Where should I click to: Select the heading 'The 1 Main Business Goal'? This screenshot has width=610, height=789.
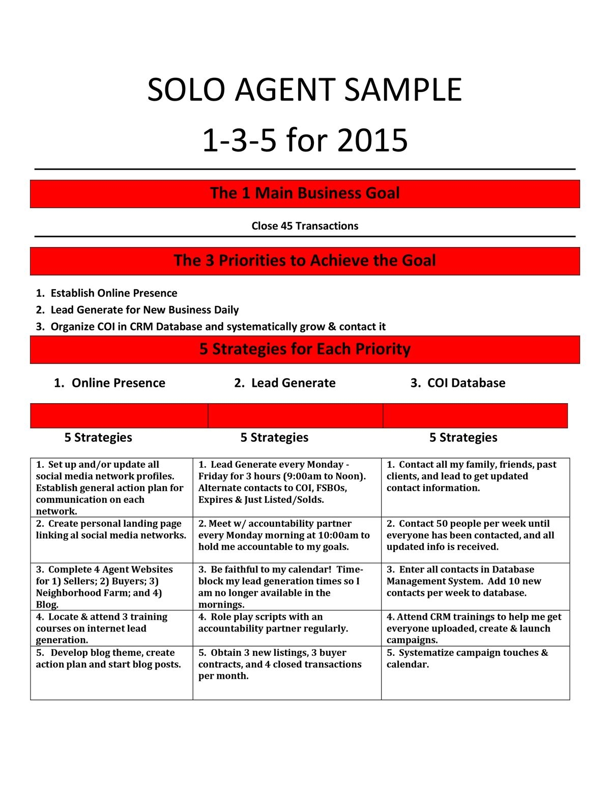click(x=305, y=193)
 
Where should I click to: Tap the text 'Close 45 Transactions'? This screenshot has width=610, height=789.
click(x=305, y=226)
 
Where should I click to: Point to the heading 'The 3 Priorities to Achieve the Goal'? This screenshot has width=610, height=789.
click(x=305, y=260)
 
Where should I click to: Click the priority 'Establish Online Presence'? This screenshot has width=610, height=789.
click(x=113, y=293)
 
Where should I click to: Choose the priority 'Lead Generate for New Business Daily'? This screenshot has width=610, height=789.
click(x=144, y=310)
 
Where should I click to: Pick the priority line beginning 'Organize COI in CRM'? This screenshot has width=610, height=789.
click(x=218, y=326)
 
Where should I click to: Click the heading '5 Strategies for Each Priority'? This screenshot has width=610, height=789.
click(x=305, y=349)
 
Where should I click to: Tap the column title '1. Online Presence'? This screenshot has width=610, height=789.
click(x=109, y=383)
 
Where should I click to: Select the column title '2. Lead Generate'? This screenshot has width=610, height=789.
click(x=285, y=383)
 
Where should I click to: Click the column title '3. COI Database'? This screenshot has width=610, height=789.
click(x=458, y=383)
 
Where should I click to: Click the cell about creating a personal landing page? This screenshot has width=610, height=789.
click(x=111, y=529)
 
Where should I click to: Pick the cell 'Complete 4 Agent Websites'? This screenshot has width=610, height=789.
click(x=104, y=587)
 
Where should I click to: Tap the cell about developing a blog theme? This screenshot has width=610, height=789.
click(x=108, y=658)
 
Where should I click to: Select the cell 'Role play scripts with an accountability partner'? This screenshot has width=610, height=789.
click(x=273, y=623)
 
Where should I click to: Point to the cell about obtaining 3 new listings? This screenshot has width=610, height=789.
click(x=280, y=664)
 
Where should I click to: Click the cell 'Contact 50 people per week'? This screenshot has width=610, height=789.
click(x=470, y=535)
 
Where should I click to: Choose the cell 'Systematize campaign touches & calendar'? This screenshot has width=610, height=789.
click(x=467, y=658)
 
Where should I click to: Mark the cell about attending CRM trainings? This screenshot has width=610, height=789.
click(x=474, y=628)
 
